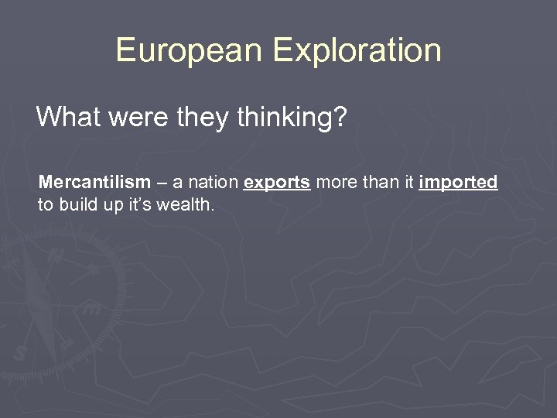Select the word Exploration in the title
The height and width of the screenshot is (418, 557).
pyautogui.click(x=357, y=51)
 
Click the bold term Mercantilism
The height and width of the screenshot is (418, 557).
pyautogui.click(x=94, y=183)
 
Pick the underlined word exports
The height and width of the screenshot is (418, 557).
pyautogui.click(x=277, y=183)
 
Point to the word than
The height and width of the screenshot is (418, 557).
pyautogui.click(x=378, y=183)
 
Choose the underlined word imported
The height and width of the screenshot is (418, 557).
pyautogui.click(x=458, y=183)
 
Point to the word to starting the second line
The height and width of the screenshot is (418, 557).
pyautogui.click(x=44, y=204)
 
